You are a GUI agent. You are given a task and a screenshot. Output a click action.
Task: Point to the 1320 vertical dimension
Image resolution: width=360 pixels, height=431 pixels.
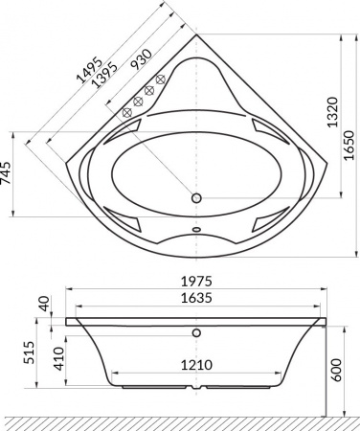click(x=329, y=118)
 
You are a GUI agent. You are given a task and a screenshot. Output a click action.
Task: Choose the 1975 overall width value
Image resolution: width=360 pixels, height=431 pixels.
click(x=197, y=282)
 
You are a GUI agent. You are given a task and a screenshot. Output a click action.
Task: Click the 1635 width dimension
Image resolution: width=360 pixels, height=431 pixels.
click(x=197, y=298)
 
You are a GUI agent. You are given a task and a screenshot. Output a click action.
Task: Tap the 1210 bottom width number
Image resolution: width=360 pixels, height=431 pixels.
click(x=197, y=364)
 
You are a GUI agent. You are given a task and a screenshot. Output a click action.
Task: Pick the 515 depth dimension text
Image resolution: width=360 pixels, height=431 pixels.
click(x=29, y=355)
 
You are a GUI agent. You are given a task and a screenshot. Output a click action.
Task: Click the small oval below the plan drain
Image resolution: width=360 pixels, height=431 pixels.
click(x=197, y=230)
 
